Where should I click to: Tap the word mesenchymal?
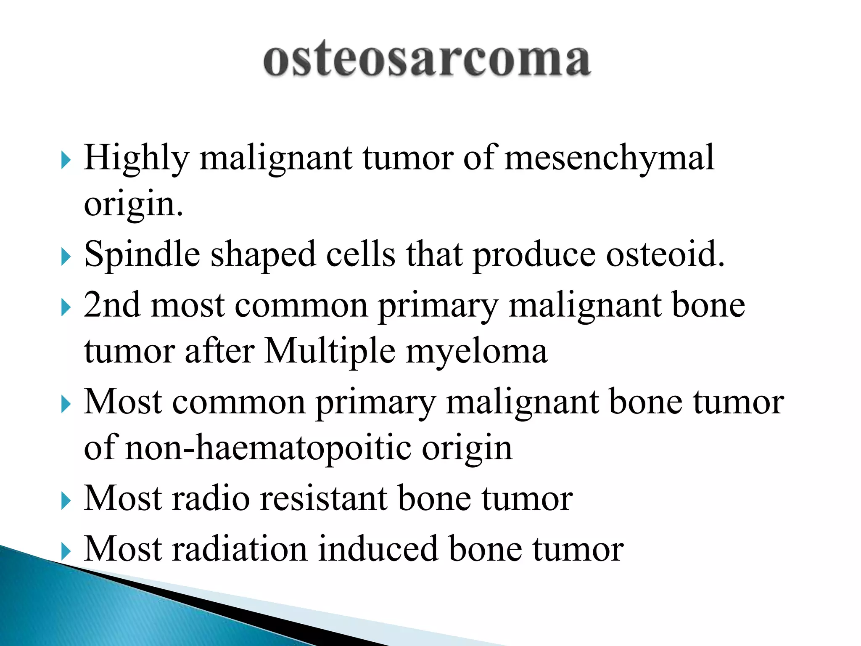coord(609,158)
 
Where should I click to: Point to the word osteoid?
coord(666,254)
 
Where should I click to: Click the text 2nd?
coord(112,305)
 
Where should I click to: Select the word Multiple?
coord(330,351)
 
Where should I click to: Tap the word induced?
coord(378,549)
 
